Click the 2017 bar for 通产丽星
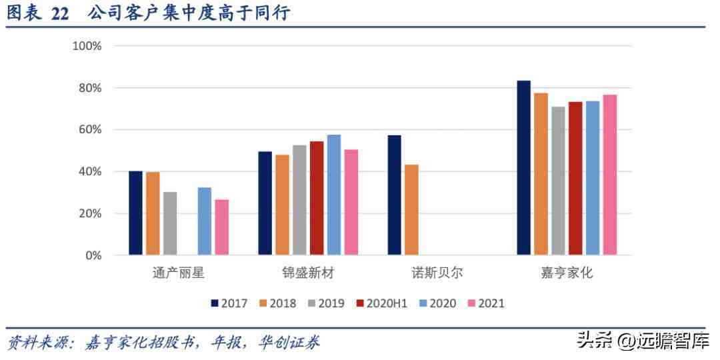(135, 213)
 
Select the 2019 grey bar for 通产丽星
(170, 223)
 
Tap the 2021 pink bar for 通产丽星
(222, 227)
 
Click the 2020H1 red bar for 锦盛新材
(317, 198)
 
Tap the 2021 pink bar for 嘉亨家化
(610, 175)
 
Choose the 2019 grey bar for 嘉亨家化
(558, 181)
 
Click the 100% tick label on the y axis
(87, 46)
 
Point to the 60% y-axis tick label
(89, 129)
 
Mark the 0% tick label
(93, 255)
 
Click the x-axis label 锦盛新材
(307, 273)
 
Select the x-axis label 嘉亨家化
(567, 273)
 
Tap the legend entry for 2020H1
(380, 303)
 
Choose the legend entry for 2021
(485, 303)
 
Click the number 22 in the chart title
(60, 14)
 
